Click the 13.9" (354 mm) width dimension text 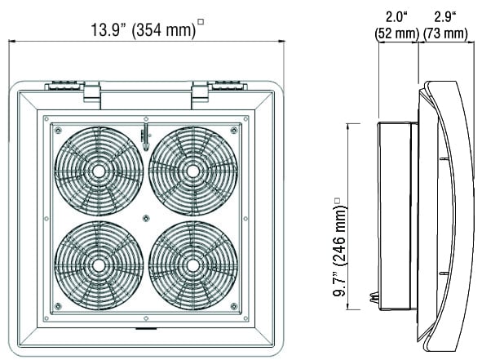[144, 30]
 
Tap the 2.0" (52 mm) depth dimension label [397, 25]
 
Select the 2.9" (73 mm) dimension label [445, 25]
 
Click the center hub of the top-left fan [99, 171]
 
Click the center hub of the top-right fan [192, 171]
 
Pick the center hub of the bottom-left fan [99, 266]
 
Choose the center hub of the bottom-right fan [192, 266]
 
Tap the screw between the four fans [146, 219]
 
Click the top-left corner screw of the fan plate [57, 131]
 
